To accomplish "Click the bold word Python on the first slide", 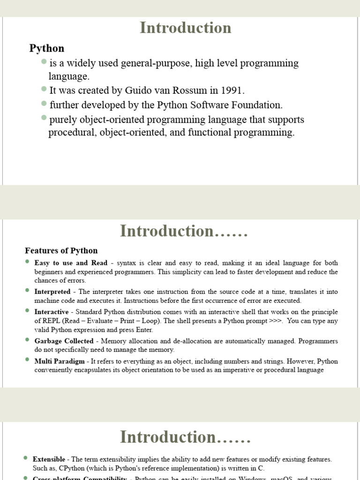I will tap(47, 48).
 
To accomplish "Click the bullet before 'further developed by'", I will tap(44, 103).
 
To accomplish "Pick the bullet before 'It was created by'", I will tap(44, 89).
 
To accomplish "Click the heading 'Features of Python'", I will tap(61, 251).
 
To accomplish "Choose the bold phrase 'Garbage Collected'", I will tap(64, 341).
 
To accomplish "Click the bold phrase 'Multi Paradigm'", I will tap(60, 361).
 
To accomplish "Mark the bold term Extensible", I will tap(51, 459).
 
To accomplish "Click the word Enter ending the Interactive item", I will tap(143, 330).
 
